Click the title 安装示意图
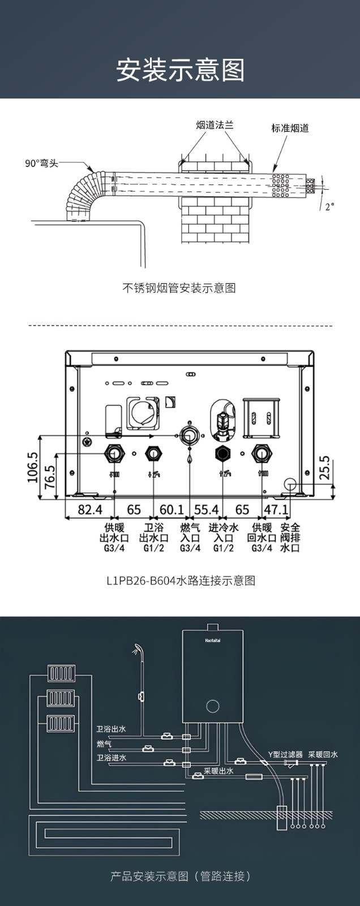click(181, 70)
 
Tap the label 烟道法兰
click(215, 125)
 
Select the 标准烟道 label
click(290, 128)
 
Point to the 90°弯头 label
click(42, 164)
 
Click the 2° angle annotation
click(329, 206)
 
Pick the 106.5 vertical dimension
click(33, 467)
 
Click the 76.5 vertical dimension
click(49, 476)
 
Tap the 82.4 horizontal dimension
click(90, 509)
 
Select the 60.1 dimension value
click(172, 509)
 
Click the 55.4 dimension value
click(206, 509)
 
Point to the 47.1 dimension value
click(276, 509)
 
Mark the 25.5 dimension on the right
click(325, 468)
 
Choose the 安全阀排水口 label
click(290, 538)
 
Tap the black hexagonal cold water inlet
click(222, 454)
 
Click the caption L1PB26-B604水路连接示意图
click(181, 580)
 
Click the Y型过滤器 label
click(285, 754)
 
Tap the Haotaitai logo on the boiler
click(212, 640)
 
